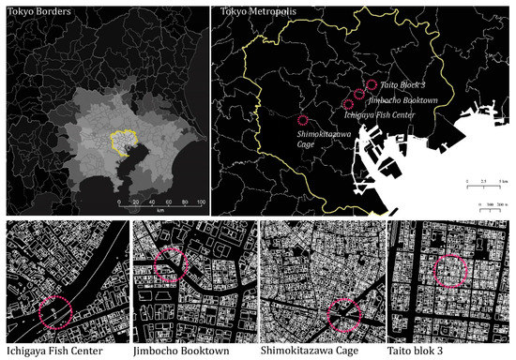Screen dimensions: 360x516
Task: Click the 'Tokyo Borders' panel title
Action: [x=32, y=11]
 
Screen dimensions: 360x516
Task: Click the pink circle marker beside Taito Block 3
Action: [x=372, y=85]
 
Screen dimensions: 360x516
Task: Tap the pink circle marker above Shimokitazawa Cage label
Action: [x=302, y=120]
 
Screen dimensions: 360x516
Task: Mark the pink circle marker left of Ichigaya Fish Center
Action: [x=348, y=104]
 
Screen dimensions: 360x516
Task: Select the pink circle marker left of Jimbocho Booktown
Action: [x=360, y=94]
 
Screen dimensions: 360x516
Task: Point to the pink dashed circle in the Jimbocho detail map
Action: [x=170, y=265]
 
